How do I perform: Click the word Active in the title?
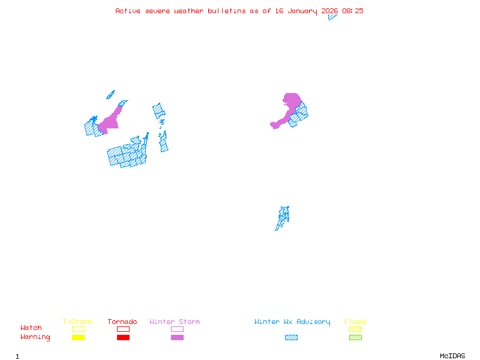(x=127, y=11)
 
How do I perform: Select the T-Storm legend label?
(x=77, y=322)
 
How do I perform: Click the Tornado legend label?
(x=122, y=322)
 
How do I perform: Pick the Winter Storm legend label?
(x=175, y=322)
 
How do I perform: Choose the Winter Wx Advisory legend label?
(x=292, y=322)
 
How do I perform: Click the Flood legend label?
(x=355, y=322)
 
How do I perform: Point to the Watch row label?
(x=31, y=328)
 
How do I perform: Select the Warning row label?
(x=35, y=337)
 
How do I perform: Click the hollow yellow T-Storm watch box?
(x=78, y=329)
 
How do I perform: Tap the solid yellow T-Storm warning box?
(x=78, y=337)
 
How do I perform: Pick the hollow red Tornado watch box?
(x=123, y=329)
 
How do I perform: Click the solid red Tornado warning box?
(x=123, y=337)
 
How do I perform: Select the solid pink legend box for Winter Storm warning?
(x=177, y=337)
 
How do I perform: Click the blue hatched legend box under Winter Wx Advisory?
(x=291, y=337)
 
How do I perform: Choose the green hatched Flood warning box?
(x=355, y=337)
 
